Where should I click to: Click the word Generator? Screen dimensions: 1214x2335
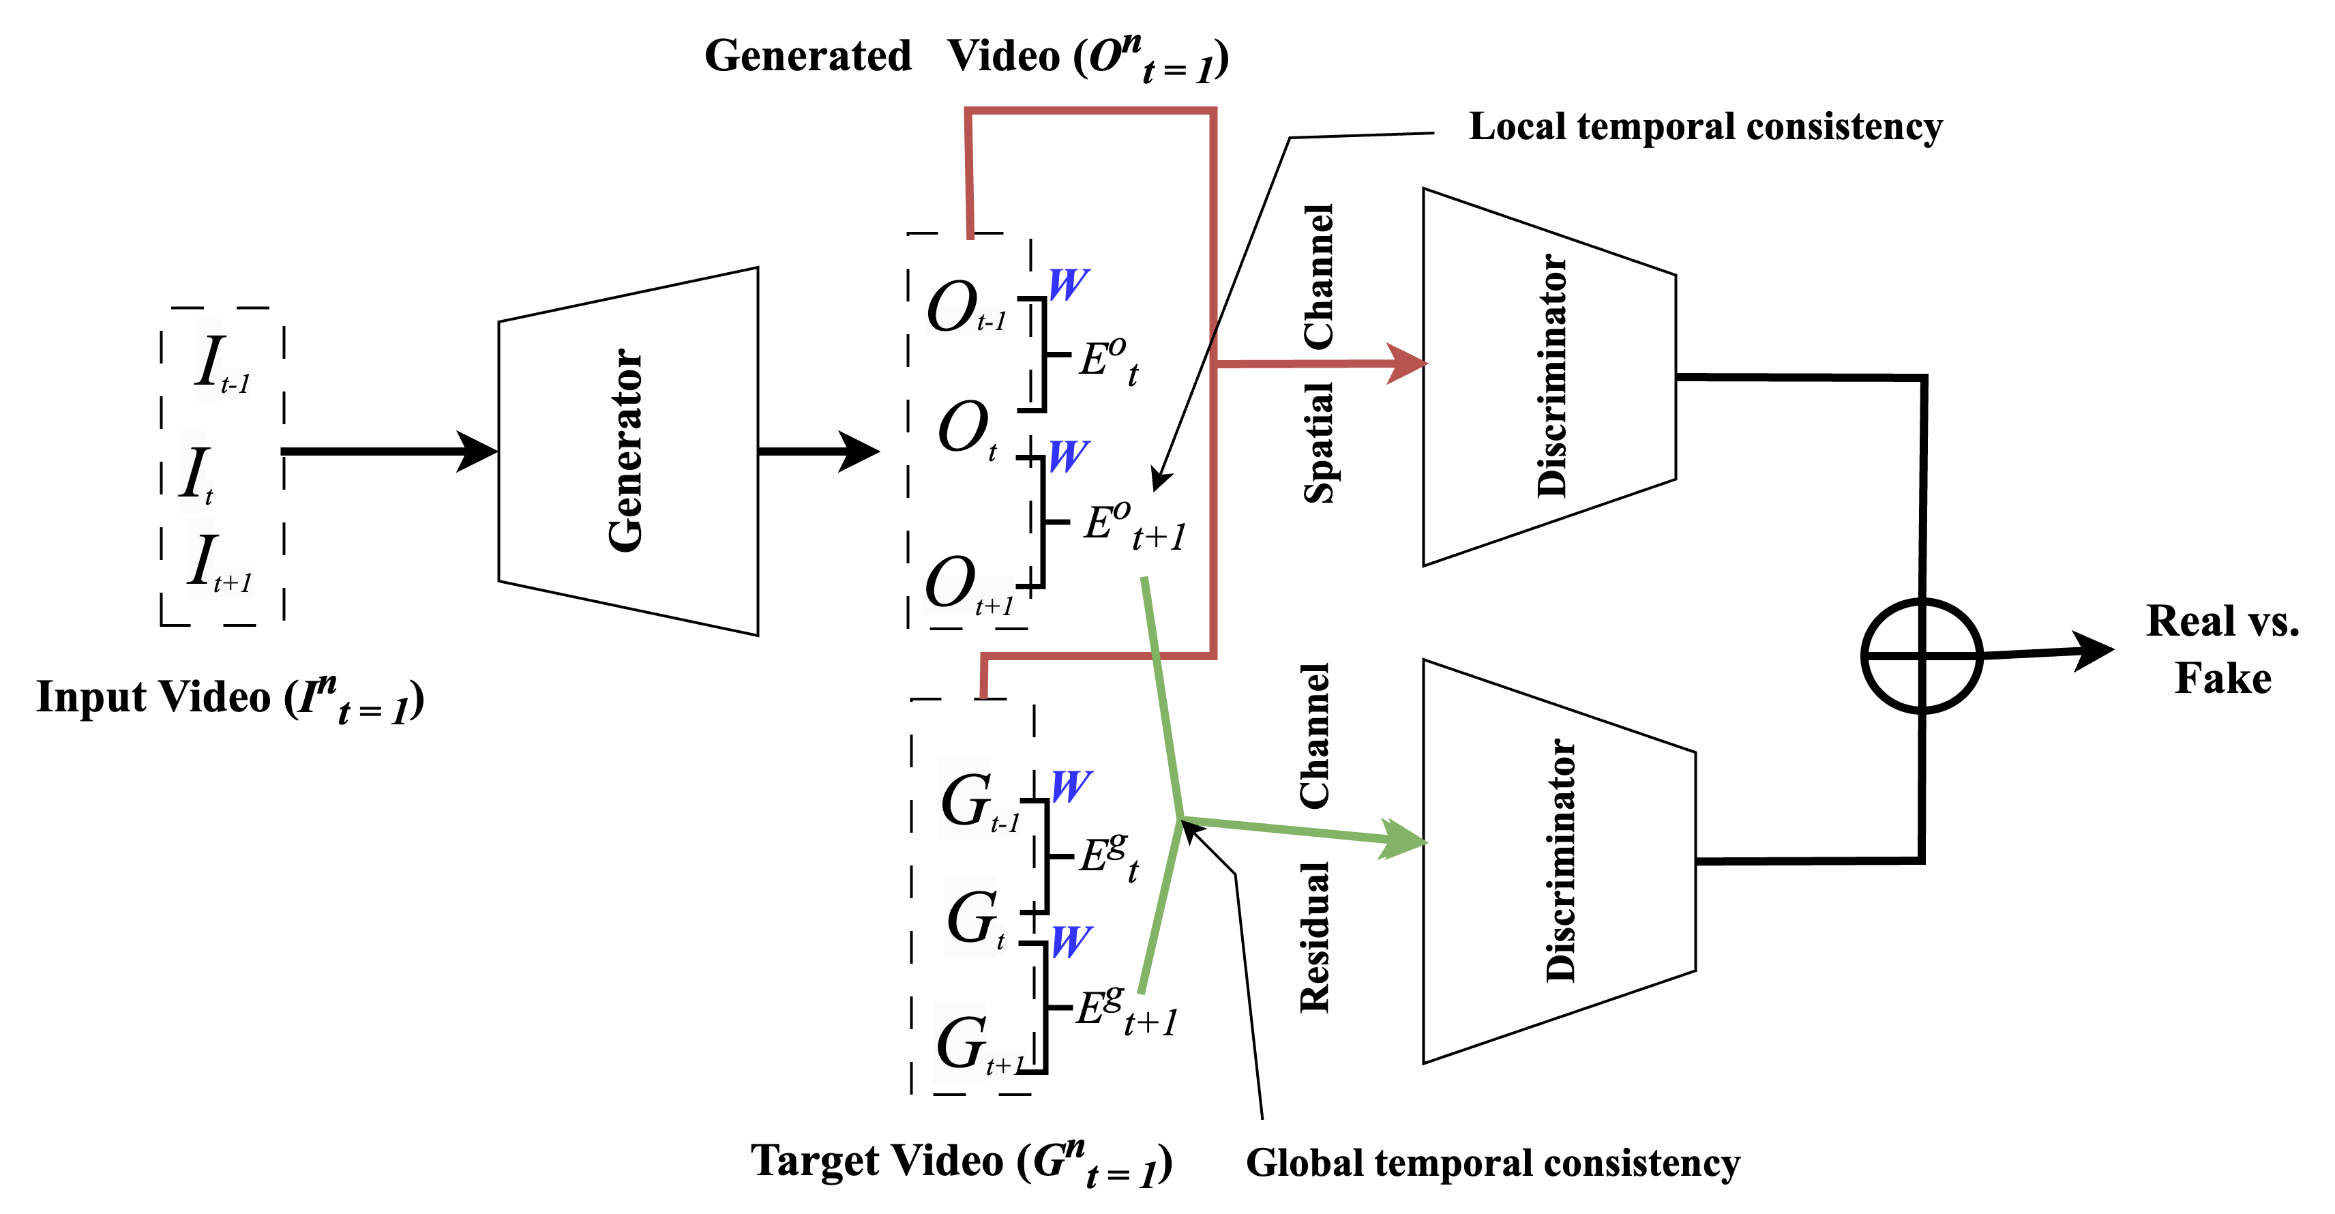[x=625, y=451]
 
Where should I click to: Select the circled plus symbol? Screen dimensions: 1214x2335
[x=1922, y=655]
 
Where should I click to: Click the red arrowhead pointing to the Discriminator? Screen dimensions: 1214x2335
[x=1407, y=364]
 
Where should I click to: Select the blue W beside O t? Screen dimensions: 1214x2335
[x=1069, y=456]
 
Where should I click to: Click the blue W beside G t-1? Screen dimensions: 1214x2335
[x=1071, y=786]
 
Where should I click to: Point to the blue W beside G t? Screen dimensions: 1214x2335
[x=1071, y=942]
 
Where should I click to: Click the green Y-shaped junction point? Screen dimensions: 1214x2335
[x=1181, y=818]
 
